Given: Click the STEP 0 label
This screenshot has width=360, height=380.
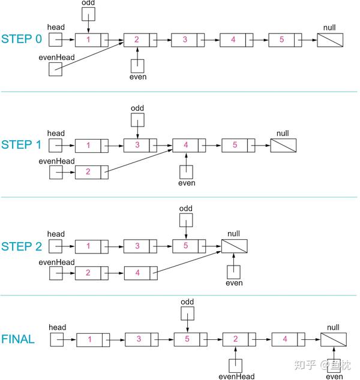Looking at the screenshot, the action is coord(22,40).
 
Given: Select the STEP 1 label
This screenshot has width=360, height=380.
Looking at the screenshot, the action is coord(22,145).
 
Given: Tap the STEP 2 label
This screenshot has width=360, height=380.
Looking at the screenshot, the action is coord(22,246).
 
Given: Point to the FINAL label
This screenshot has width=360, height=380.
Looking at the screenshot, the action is coord(17,339).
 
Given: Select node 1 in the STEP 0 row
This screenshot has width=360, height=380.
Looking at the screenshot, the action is coord(92,40).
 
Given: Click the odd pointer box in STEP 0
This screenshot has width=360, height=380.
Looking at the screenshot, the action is coord(88,13).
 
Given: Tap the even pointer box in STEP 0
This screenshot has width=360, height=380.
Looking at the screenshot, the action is coord(137,67).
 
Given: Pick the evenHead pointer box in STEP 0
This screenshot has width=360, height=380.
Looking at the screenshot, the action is coord(56,70).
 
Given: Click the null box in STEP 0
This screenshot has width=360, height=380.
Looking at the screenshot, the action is coord(329,40).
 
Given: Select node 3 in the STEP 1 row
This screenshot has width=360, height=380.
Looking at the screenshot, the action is coord(140,145).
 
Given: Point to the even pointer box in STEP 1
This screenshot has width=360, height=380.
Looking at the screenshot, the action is coord(187,172).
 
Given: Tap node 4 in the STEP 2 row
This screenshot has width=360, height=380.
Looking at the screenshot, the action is coord(140,273).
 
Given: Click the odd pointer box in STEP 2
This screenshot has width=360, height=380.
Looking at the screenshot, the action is coord(186,219).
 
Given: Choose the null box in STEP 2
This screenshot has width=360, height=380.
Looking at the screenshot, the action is coord(234,246).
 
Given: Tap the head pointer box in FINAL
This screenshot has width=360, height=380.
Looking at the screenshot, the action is coord(57,339).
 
